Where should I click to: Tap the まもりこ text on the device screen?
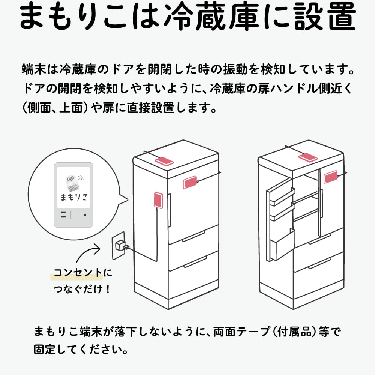tap(73, 196)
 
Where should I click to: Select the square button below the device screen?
tap(74, 215)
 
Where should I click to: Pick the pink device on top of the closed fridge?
tap(164, 161)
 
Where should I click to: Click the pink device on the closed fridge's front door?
tap(190, 183)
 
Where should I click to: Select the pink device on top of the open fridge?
tap(307, 158)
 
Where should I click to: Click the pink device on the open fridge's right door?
tap(330, 176)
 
